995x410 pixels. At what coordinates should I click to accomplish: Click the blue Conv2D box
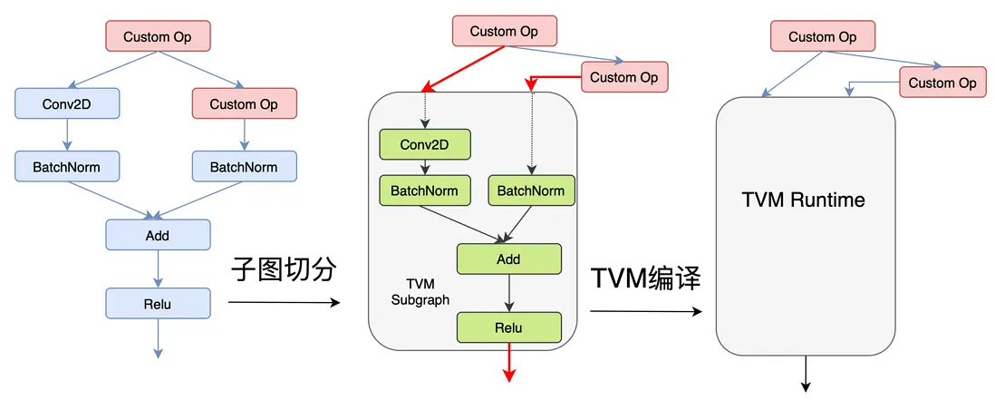[x=67, y=103]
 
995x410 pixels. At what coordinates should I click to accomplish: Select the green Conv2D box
[x=424, y=144]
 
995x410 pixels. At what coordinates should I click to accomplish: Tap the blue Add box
[x=158, y=235]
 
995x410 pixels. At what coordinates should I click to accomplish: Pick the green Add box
[x=508, y=259]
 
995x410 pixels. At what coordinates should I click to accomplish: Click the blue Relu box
[x=158, y=303]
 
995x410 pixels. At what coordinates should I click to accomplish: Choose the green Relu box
[x=508, y=327]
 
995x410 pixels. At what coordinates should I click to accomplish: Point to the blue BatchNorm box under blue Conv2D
[x=67, y=167]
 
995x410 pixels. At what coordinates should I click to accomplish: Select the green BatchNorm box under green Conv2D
[x=424, y=190]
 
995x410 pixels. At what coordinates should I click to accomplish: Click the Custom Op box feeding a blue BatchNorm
[x=244, y=103]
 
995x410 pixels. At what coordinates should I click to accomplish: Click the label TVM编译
[x=645, y=278]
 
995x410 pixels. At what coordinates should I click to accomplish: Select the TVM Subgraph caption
[x=420, y=292]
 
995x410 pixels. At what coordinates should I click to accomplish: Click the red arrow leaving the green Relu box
[x=508, y=363]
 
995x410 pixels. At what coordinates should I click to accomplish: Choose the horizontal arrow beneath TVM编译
[x=645, y=311]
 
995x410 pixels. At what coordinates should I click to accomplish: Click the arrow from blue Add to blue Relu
[x=158, y=268]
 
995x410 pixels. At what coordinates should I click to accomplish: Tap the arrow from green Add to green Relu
[x=508, y=292]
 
